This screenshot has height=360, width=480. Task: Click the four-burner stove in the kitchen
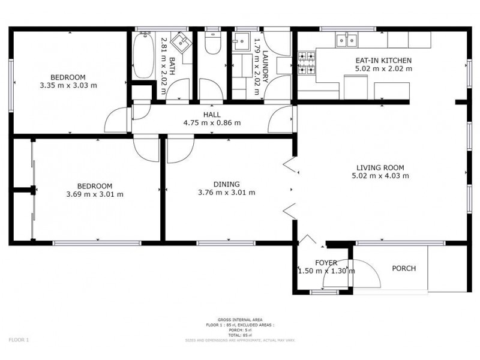coord(307,64)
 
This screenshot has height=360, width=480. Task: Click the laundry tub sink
coord(243,42)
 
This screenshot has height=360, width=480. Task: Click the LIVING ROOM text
coord(380,167)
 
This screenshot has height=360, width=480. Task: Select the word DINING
coord(226,184)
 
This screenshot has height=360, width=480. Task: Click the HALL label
coord(212,115)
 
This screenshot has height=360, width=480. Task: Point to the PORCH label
coord(403,268)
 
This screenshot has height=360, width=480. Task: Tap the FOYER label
coord(326,263)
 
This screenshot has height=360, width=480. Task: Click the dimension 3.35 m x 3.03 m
coord(67,86)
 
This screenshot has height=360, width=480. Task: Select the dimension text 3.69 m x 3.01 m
coord(94,194)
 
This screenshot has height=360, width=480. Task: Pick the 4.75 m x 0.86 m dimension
coord(212,123)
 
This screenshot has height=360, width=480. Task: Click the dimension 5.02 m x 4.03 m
coord(380,176)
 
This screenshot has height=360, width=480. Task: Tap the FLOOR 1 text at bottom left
coord(19,340)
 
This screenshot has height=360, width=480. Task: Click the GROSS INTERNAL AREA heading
coord(239,320)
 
